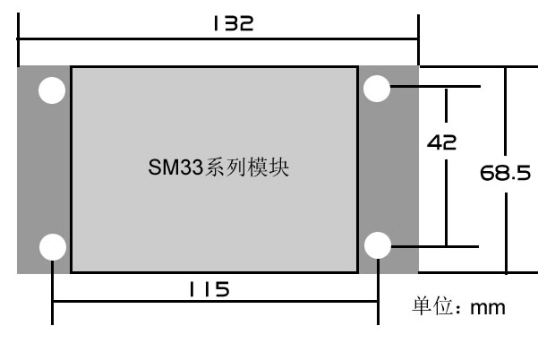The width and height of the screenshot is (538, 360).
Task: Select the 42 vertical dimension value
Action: pos(442,141)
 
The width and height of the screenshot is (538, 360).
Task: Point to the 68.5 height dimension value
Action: pos(505,172)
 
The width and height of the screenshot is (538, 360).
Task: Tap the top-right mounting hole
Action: pos(377,88)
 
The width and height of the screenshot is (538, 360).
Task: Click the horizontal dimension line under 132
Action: pos(218,39)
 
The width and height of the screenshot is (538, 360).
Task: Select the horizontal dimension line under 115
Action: pos(215,303)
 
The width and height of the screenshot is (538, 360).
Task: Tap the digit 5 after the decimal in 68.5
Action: pos(524,172)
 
